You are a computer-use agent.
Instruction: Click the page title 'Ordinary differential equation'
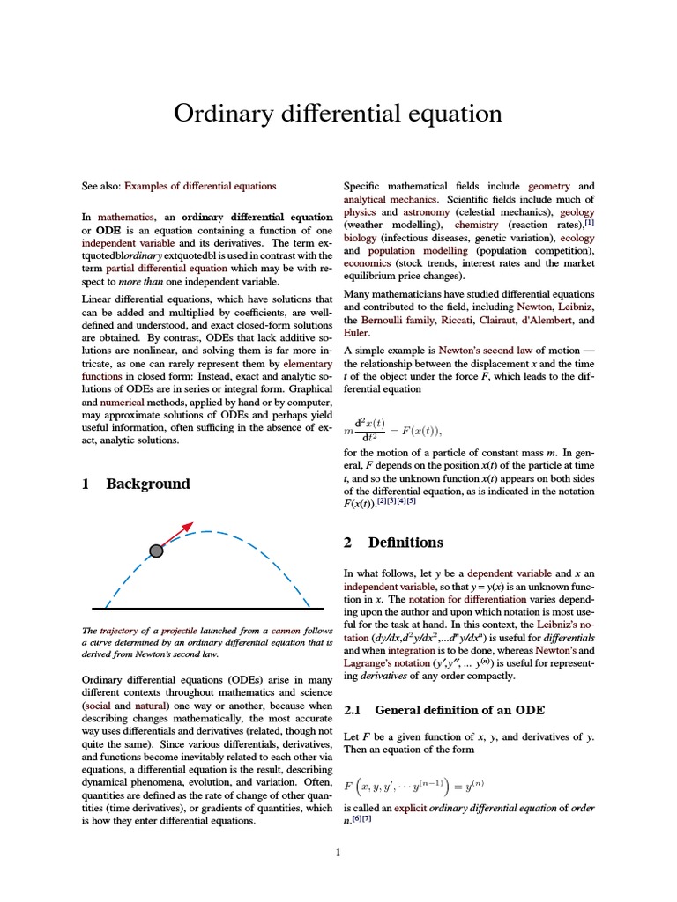click(x=338, y=114)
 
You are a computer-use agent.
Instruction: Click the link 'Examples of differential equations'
click(x=200, y=186)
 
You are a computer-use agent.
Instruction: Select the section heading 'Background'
click(x=147, y=484)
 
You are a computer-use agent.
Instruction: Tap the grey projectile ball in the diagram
click(x=156, y=551)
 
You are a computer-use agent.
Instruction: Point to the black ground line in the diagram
click(x=207, y=609)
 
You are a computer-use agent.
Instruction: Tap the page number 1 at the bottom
click(x=338, y=853)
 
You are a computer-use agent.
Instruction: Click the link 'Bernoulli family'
click(x=398, y=320)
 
